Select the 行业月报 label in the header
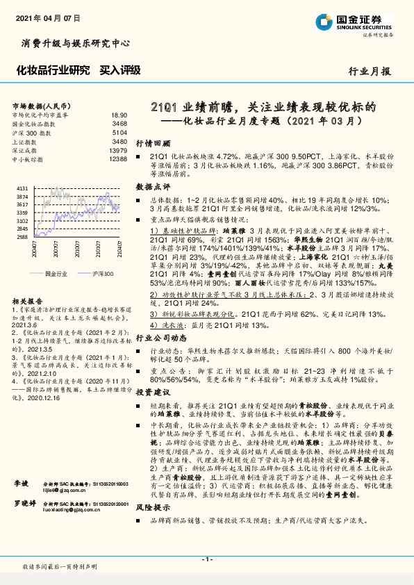370,70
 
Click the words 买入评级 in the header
120,69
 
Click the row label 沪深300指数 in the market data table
31,133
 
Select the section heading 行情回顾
152,140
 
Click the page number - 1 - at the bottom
206,559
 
